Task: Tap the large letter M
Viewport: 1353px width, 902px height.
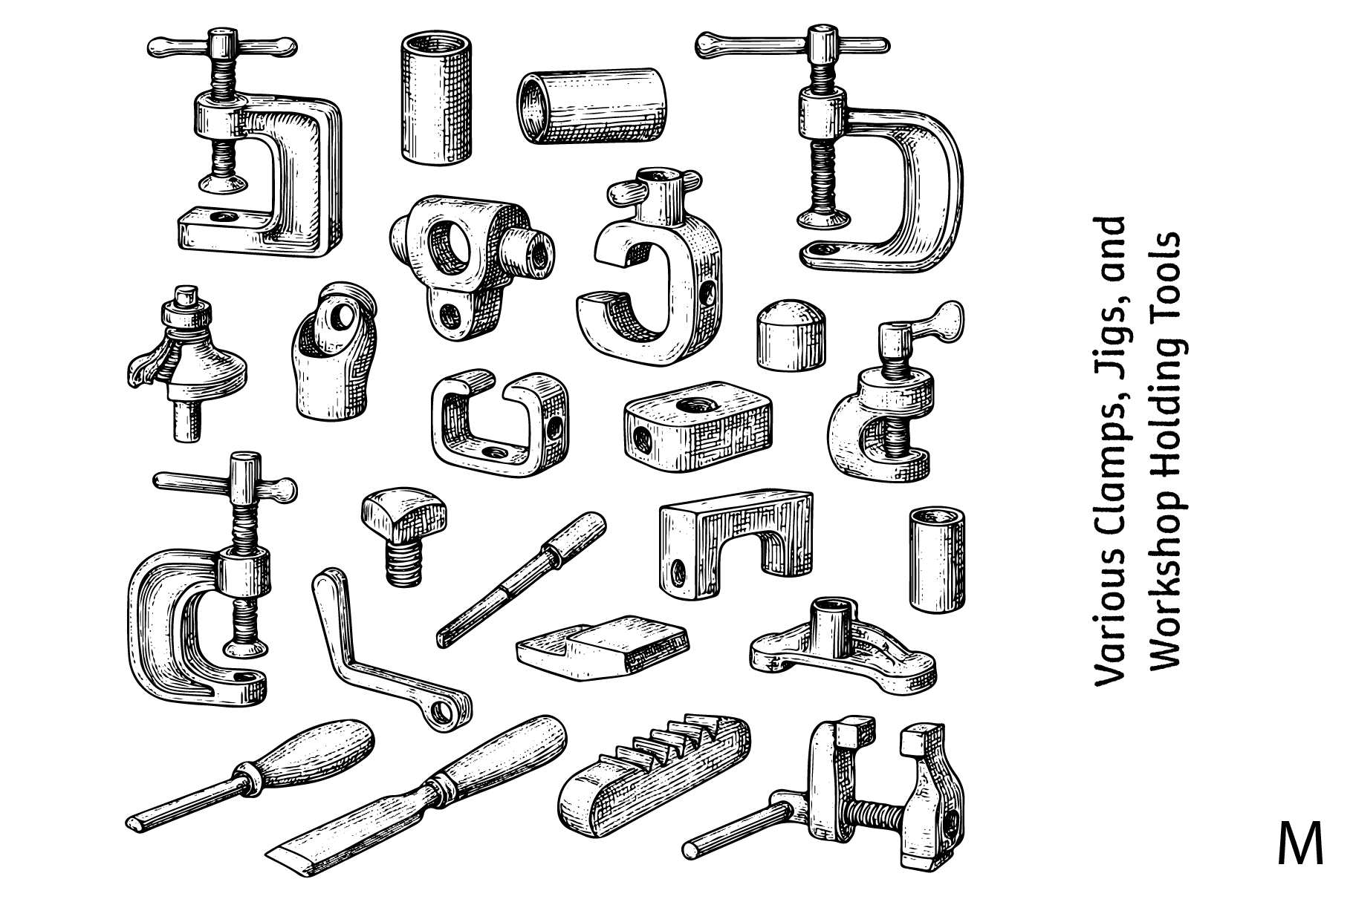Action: pyautogui.click(x=1300, y=844)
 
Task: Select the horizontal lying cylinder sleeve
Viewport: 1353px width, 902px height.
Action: pyautogui.click(x=591, y=107)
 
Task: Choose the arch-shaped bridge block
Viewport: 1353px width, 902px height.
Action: pyautogui.click(x=735, y=542)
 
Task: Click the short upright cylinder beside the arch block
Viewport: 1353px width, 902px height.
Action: pyautogui.click(x=937, y=559)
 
